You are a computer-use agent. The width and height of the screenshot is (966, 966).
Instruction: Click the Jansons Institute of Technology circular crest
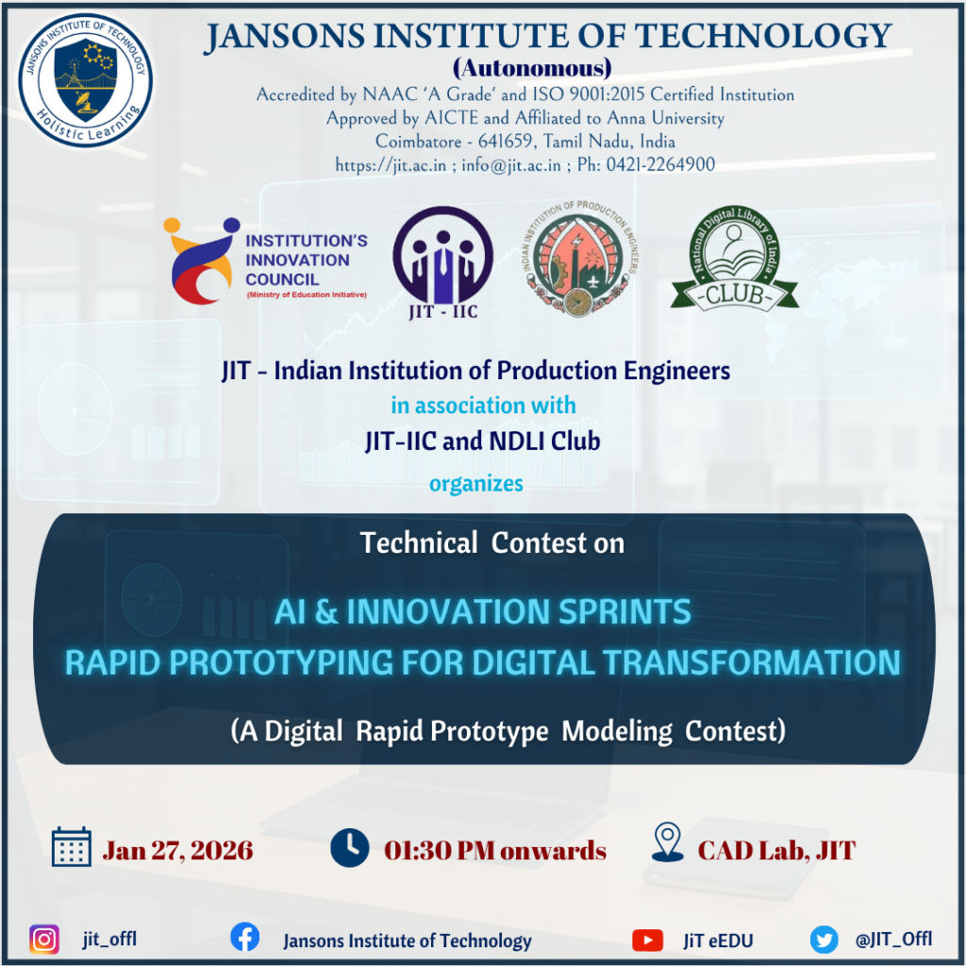(x=86, y=81)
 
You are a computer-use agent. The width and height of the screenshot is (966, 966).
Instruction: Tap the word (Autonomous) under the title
(x=532, y=68)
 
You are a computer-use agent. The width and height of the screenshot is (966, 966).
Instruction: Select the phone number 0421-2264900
(x=660, y=164)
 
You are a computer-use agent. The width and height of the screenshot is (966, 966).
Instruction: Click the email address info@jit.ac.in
(x=511, y=165)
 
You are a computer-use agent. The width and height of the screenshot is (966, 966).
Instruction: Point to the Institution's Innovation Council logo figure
(x=201, y=260)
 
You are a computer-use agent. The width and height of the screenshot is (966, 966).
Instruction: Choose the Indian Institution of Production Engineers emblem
(x=579, y=258)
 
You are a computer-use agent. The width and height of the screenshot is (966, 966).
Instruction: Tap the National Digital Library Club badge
(x=734, y=258)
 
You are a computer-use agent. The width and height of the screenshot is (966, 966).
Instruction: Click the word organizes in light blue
(x=476, y=484)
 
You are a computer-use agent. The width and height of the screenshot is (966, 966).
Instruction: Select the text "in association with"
(x=484, y=406)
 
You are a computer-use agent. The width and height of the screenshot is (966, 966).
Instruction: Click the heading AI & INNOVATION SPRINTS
(x=483, y=611)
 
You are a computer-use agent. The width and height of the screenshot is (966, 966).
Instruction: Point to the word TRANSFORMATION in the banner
(x=752, y=662)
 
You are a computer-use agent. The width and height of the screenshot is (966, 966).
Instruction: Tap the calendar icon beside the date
(x=72, y=847)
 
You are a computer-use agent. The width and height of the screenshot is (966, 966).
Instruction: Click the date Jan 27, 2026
(x=177, y=851)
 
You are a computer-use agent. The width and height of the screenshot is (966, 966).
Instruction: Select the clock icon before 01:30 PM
(x=350, y=848)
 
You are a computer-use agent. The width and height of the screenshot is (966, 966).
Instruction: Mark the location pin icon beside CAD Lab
(x=668, y=841)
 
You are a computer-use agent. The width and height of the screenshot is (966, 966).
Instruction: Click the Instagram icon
(x=44, y=941)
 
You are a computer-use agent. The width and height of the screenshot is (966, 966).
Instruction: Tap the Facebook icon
(x=244, y=937)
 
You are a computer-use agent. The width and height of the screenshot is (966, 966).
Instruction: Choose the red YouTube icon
(x=647, y=941)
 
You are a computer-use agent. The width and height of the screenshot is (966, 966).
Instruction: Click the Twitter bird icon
(x=824, y=941)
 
